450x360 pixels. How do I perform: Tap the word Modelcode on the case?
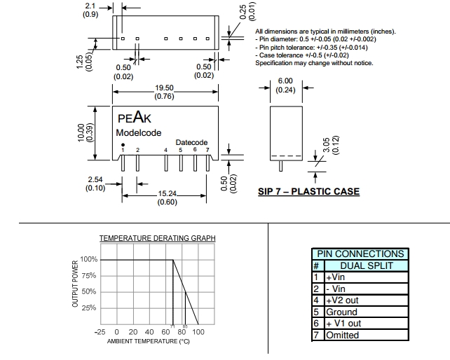(x=139, y=132)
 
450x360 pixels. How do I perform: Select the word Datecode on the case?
(x=191, y=142)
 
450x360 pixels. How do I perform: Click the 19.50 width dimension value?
(x=165, y=88)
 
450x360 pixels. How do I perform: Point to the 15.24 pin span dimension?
(x=167, y=194)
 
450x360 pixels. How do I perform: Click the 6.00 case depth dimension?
(x=285, y=81)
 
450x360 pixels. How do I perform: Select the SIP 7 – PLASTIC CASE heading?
(x=308, y=192)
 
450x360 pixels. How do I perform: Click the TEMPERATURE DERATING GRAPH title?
(x=157, y=238)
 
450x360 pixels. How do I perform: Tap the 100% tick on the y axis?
(x=88, y=259)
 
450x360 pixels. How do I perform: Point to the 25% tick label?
(x=90, y=308)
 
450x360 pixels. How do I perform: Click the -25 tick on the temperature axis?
(x=100, y=332)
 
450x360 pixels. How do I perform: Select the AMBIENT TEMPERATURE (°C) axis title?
(x=148, y=341)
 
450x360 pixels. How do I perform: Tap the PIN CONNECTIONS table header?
(x=360, y=254)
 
